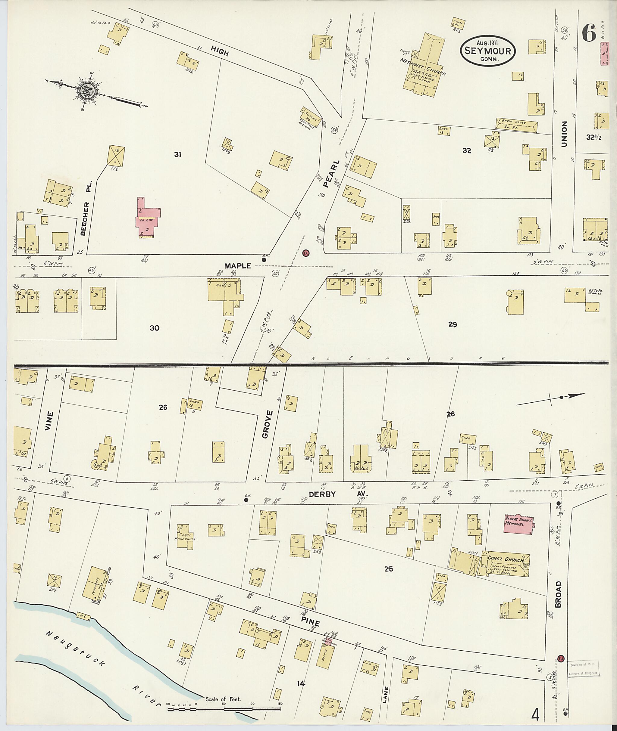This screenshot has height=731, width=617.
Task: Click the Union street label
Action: tap(564, 134)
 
